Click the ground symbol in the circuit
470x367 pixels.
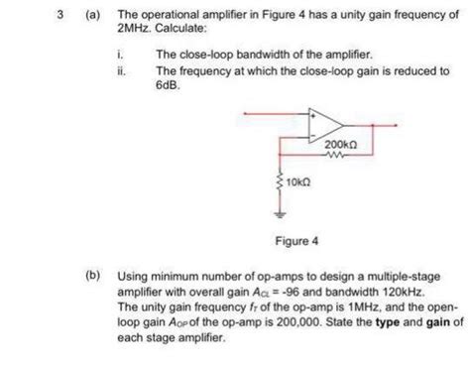pos(279,211)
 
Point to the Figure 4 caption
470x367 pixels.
pos(296,240)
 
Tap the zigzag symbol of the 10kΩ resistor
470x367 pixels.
pos(279,183)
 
